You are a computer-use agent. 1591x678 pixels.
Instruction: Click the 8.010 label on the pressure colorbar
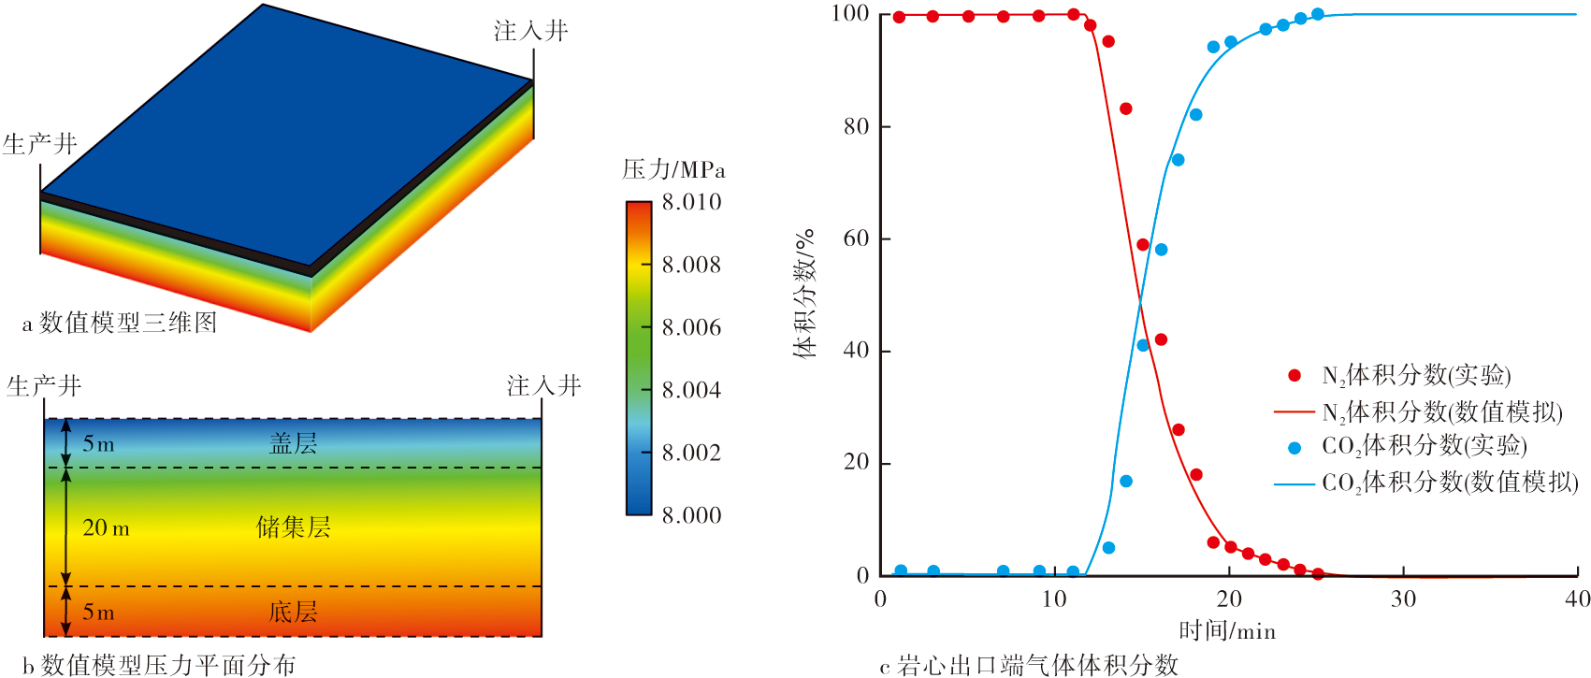tap(691, 202)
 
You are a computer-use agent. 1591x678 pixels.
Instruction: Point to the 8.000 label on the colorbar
tap(691, 515)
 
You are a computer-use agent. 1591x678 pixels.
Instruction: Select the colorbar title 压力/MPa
tap(673, 169)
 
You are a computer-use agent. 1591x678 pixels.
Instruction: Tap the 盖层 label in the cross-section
tap(293, 443)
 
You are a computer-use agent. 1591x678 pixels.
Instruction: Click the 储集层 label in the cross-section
tap(293, 527)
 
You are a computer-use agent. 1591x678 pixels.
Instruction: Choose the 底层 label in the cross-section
tap(293, 613)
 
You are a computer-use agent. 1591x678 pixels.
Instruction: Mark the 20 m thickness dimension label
tap(106, 528)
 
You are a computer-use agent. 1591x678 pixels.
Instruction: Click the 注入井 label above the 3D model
tap(530, 31)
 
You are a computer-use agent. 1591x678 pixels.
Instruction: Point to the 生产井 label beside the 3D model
tap(39, 144)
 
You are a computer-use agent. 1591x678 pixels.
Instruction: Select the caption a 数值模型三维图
tap(120, 323)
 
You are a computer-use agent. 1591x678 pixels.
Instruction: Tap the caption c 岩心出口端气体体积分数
tap(1028, 665)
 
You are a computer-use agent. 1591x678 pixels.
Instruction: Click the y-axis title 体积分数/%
tap(804, 293)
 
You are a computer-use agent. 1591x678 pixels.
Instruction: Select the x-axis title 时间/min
tap(1227, 630)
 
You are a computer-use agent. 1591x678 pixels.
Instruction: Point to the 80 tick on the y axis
tap(856, 126)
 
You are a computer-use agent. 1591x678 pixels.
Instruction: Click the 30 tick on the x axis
tap(1403, 599)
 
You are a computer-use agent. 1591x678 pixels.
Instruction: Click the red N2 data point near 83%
tap(1126, 109)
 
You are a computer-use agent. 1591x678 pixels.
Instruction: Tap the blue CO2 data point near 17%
tap(1126, 482)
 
